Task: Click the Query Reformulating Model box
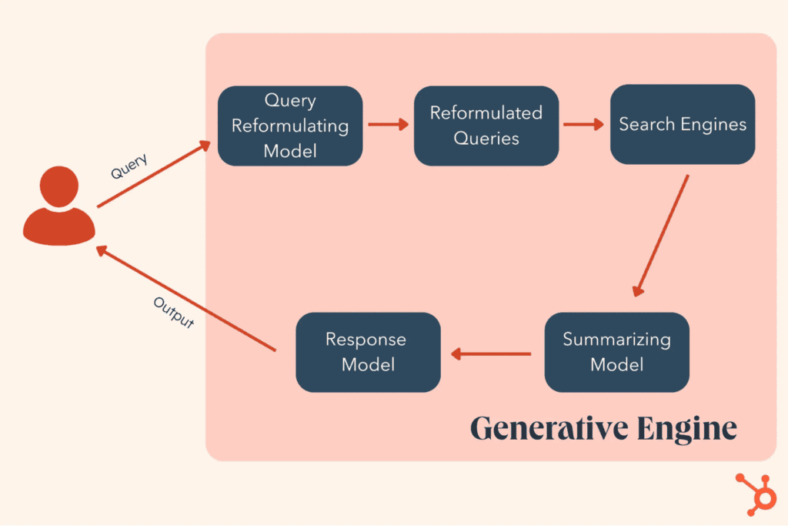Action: click(290, 126)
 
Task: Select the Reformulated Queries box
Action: click(486, 126)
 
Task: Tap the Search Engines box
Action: click(683, 124)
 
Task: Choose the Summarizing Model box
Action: click(616, 352)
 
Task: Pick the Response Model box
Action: click(368, 352)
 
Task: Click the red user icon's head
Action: click(58, 187)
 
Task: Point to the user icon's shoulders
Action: click(59, 224)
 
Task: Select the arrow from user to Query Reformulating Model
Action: click(154, 175)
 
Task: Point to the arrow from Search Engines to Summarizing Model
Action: click(660, 236)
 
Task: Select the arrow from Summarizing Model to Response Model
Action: click(492, 354)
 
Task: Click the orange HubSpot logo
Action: click(755, 493)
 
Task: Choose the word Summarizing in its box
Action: click(616, 340)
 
